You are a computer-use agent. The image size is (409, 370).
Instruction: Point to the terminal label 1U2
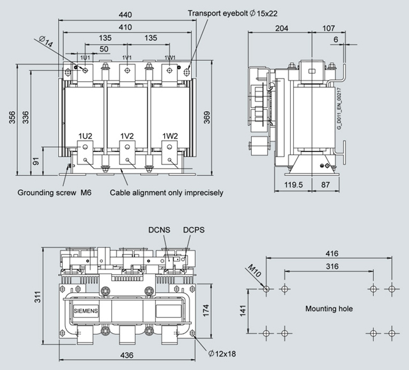(86, 135)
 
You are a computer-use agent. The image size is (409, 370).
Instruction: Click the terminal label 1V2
(127, 135)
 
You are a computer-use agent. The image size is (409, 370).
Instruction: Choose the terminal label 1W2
(169, 135)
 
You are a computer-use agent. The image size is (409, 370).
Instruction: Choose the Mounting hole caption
(329, 309)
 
